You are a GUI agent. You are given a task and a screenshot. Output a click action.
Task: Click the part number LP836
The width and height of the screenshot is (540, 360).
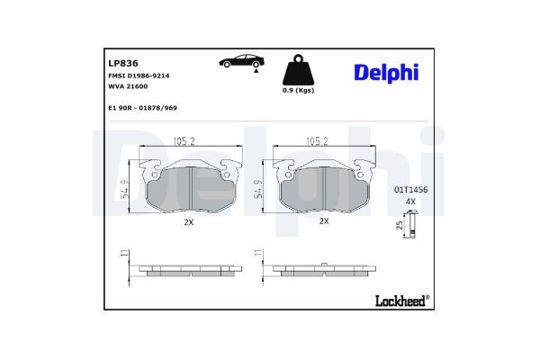pyautogui.click(x=121, y=64)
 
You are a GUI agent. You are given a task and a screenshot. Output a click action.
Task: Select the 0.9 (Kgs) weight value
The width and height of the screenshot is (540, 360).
pyautogui.click(x=299, y=92)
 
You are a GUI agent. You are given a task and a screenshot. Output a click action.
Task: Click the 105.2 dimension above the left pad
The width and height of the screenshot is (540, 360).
pyautogui.click(x=184, y=140)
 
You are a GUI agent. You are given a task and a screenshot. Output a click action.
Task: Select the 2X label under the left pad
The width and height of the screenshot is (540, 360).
pyautogui.click(x=189, y=220)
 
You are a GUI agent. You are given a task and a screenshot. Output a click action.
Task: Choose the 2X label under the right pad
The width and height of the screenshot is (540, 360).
pyautogui.click(x=324, y=220)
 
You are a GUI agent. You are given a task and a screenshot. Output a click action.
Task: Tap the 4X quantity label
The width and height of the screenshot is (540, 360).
pyautogui.click(x=410, y=202)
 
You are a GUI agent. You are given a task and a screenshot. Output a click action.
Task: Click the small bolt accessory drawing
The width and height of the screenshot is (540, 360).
pyautogui.click(x=411, y=227)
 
